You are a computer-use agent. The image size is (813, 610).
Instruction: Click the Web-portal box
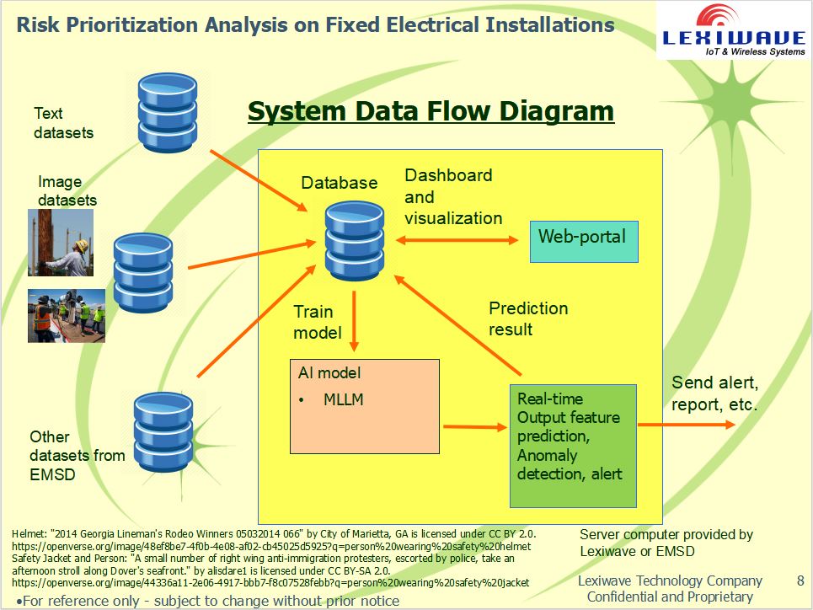(x=583, y=241)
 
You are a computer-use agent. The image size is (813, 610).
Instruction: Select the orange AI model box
(x=364, y=406)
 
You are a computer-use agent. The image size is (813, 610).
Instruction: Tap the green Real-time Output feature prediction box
(x=572, y=445)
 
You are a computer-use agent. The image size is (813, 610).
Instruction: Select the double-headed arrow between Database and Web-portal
(x=457, y=240)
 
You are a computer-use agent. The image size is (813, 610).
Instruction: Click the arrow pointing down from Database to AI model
(x=355, y=321)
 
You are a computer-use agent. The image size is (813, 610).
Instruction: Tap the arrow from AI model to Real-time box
(x=473, y=427)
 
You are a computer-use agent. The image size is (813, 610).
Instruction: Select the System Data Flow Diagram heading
(x=431, y=111)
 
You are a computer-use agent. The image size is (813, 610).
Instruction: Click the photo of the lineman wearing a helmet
(x=60, y=243)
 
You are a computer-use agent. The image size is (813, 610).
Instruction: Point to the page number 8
(x=800, y=581)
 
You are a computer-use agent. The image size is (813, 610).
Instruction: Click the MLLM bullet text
(x=343, y=399)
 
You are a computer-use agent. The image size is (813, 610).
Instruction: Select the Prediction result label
(x=528, y=318)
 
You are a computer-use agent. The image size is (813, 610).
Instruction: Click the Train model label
(x=318, y=323)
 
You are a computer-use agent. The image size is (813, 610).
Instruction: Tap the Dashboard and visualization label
(x=452, y=196)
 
